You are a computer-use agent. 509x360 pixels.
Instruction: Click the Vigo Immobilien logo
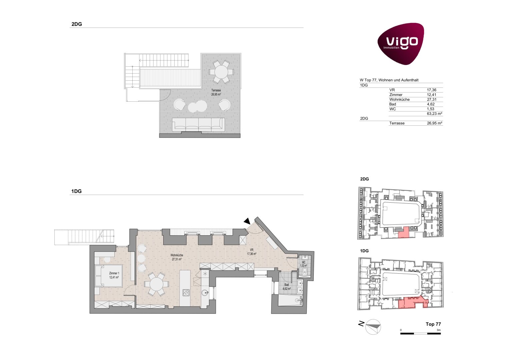point(401,43)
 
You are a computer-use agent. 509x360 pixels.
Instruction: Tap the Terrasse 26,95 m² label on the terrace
point(216,92)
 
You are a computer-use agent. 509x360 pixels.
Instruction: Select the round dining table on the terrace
point(221,72)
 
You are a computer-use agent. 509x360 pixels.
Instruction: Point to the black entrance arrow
point(247,221)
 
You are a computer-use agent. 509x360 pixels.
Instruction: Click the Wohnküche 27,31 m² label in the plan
point(177,257)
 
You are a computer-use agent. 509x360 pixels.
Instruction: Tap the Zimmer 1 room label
point(114,275)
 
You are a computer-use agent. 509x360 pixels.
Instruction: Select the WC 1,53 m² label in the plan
point(304,264)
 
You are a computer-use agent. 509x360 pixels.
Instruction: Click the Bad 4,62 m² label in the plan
point(287,287)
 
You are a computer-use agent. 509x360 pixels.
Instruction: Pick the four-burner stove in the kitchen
point(186,293)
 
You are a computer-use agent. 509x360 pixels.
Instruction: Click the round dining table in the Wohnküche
point(156,284)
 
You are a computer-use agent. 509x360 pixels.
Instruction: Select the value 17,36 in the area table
point(432,90)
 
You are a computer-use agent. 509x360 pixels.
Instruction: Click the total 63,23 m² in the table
point(434,114)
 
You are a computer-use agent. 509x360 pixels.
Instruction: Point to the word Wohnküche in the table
point(399,100)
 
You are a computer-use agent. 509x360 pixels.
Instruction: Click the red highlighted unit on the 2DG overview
point(404,232)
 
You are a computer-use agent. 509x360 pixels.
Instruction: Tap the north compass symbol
point(373,327)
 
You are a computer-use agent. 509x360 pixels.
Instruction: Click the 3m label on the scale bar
point(439,330)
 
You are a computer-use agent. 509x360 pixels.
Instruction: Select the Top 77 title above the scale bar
point(433,324)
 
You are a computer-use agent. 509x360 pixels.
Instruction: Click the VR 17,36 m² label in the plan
point(252,252)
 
